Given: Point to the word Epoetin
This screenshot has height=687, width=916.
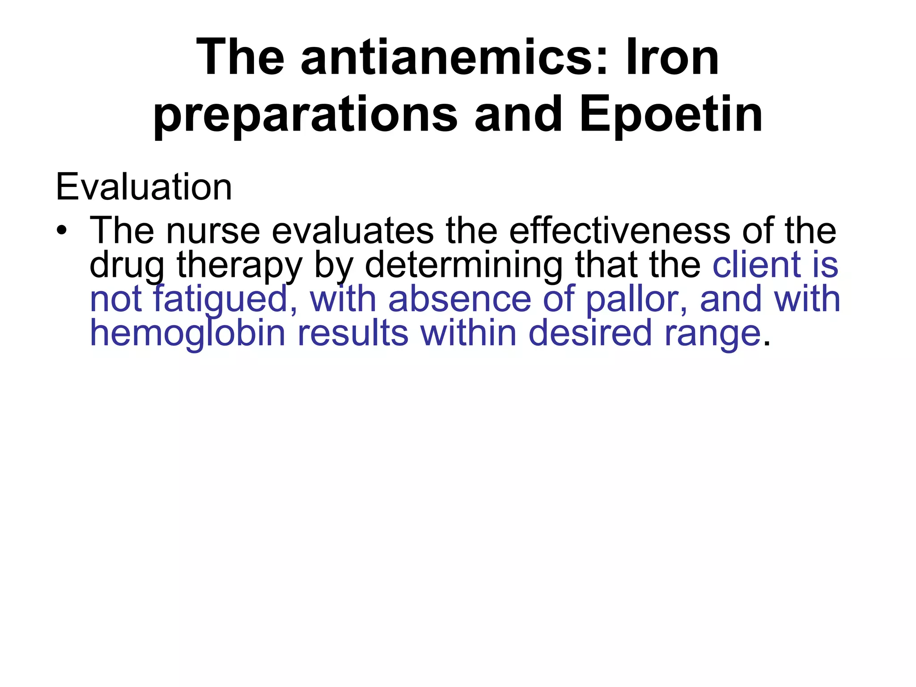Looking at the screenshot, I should [x=671, y=115].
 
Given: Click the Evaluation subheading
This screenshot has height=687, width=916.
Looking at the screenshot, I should [x=144, y=187].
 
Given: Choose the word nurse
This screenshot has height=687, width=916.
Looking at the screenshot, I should [x=213, y=231].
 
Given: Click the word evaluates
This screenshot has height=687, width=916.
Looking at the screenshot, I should [x=352, y=231].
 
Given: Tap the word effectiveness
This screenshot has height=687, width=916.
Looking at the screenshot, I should [x=619, y=231].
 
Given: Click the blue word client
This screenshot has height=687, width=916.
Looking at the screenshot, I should [x=755, y=265].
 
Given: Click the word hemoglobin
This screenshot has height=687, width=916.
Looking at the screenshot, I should [x=187, y=334].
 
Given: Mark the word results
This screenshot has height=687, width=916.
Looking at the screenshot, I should [x=353, y=333].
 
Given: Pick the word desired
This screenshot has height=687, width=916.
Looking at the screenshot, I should [x=590, y=333].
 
